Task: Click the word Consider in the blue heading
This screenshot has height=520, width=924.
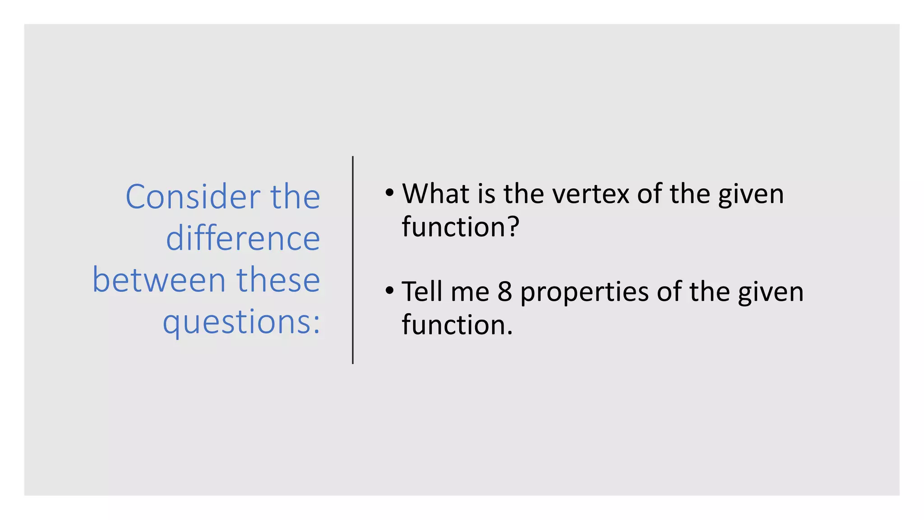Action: [193, 197]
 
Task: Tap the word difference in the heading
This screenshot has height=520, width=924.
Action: [243, 238]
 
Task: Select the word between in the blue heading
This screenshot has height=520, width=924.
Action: [159, 280]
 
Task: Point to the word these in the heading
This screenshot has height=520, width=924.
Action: [278, 280]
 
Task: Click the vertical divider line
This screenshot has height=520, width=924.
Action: [353, 260]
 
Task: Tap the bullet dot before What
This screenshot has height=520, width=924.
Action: [389, 193]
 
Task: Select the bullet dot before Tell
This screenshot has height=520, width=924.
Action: [389, 291]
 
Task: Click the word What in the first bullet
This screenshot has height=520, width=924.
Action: [436, 194]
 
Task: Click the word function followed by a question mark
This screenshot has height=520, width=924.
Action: [453, 227]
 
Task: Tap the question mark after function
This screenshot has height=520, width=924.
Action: [514, 227]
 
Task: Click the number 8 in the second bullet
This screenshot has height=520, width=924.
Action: [505, 292]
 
